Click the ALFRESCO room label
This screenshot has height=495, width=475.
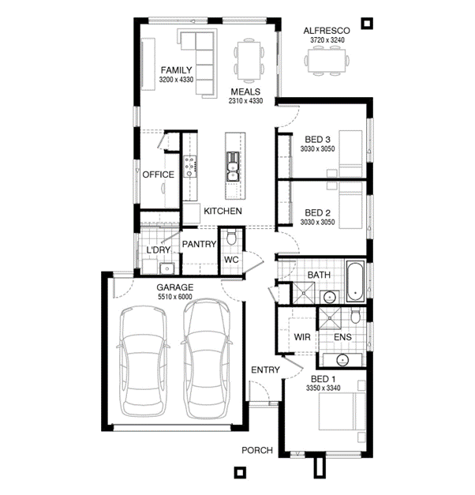click(327, 31)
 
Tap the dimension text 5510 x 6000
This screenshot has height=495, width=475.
click(175, 296)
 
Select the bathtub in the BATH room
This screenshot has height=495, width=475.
click(356, 281)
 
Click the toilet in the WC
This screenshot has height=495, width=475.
click(232, 238)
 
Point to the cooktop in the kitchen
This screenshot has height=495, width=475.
click(190, 167)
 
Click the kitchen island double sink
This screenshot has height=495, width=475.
click(232, 167)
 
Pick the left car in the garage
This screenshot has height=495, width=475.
click(144, 361)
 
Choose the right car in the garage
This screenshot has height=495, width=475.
click(206, 358)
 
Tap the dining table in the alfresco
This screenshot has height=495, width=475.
click(327, 61)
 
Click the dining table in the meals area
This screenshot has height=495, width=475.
click(249, 61)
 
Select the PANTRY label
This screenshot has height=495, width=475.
click(199, 244)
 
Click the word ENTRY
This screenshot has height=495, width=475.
click(265, 369)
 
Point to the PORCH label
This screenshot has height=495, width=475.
click(257, 450)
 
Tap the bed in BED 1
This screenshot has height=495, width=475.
click(342, 411)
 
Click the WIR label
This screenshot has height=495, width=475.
click(302, 337)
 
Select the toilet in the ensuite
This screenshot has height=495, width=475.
click(355, 317)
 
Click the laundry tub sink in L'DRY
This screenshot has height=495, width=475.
click(167, 268)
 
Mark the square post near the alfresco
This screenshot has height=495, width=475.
click(367, 24)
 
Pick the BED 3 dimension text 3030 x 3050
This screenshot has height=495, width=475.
click(317, 148)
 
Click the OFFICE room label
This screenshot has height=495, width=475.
click(158, 174)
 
